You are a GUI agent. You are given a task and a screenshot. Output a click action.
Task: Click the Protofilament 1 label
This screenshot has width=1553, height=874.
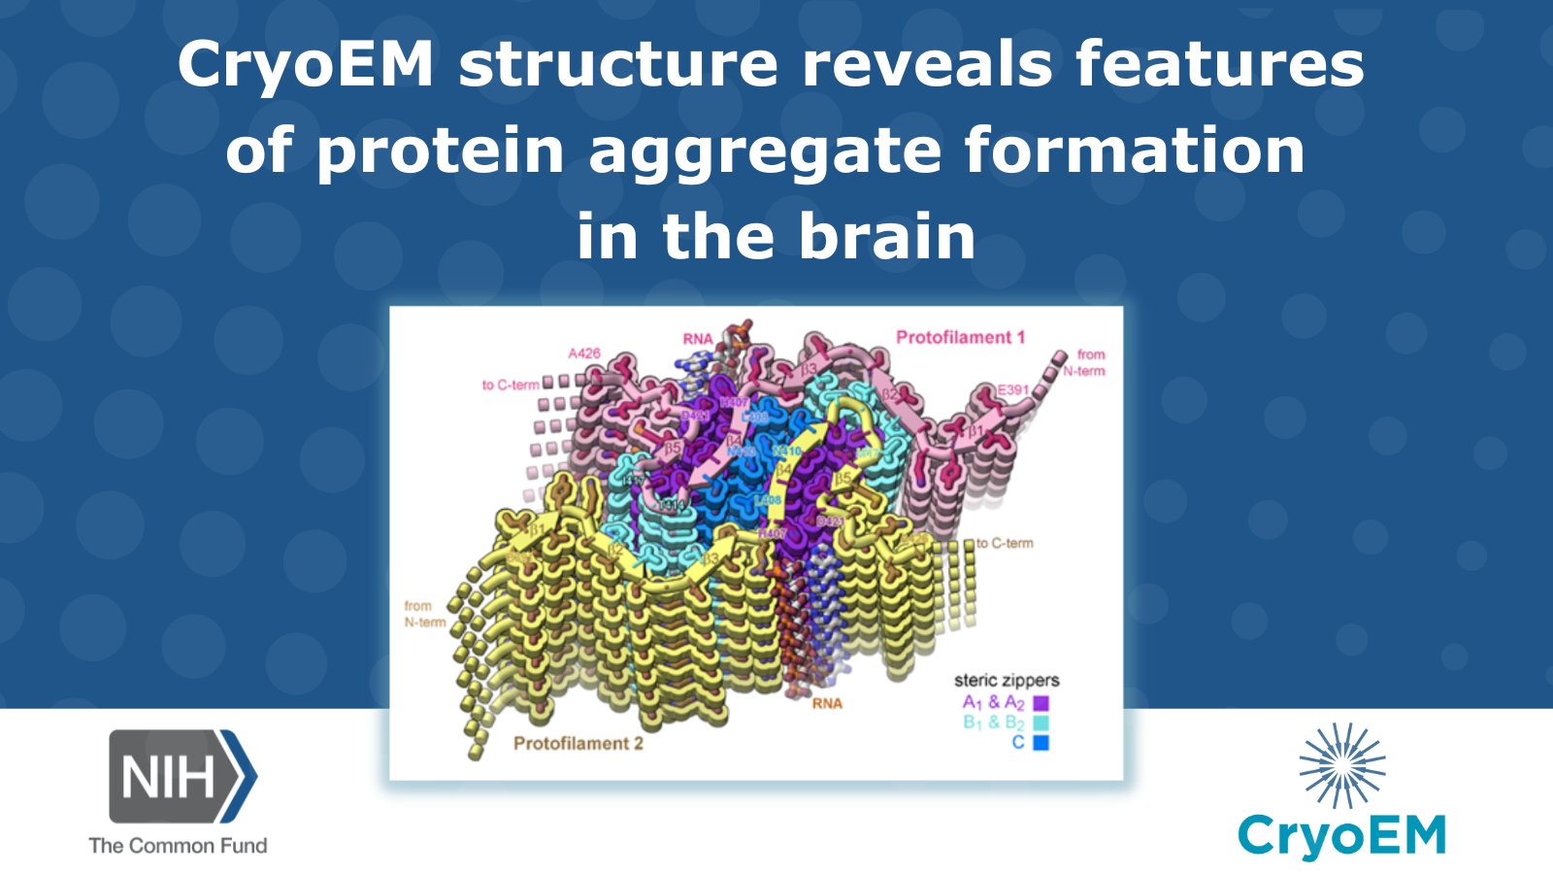point(960,338)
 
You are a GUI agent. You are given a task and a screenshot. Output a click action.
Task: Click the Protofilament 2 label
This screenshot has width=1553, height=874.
point(578,744)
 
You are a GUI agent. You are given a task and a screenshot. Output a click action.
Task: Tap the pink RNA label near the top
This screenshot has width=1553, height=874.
point(697,339)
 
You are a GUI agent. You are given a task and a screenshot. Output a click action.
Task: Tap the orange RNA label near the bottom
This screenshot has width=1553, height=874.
point(827,704)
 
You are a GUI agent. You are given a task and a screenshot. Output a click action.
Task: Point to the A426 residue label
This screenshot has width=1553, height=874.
point(584,353)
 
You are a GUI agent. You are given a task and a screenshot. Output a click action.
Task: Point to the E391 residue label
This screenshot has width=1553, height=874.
point(1013,389)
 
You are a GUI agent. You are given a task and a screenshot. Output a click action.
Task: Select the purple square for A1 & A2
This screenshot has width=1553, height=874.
point(1041,703)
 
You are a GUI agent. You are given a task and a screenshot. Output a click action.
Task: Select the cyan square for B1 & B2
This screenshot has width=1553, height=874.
point(1041,723)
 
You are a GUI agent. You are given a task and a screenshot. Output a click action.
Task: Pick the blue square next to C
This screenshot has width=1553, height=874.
point(1041,744)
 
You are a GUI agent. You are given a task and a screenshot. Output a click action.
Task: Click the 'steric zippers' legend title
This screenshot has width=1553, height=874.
point(1007,681)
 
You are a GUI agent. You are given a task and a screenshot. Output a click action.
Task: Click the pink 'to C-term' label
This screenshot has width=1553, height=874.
point(511,386)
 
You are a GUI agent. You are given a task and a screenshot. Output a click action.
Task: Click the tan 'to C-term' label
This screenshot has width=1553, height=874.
point(1005,544)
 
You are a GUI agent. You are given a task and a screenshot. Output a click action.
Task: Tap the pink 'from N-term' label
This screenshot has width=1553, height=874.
point(1085,362)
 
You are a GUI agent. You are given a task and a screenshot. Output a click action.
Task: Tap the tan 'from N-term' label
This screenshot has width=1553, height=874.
point(424,614)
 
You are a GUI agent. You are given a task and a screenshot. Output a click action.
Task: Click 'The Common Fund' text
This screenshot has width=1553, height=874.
point(178,846)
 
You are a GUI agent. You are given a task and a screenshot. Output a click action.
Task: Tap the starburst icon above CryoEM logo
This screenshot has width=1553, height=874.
point(1342,766)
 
